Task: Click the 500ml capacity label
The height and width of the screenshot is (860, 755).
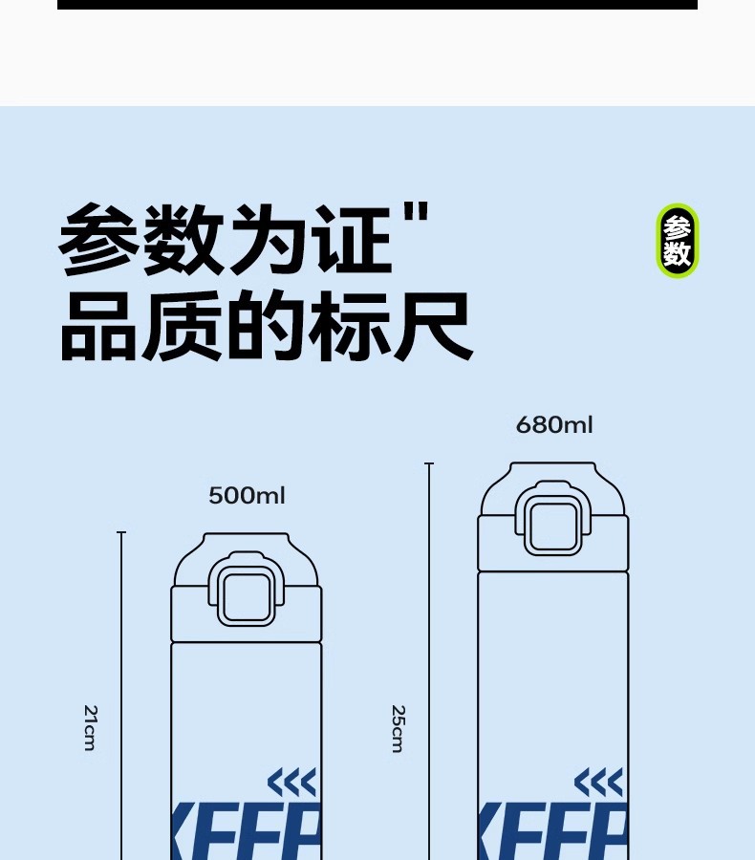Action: coord(247,495)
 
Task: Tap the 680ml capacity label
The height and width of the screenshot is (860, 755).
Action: coord(554,424)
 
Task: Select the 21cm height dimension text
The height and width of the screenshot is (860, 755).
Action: coord(90,728)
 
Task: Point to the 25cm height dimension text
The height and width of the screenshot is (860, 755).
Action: coord(398,728)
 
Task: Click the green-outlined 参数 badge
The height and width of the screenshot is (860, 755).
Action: coord(678,241)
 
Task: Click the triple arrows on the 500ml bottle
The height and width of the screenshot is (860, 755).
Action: coord(291,784)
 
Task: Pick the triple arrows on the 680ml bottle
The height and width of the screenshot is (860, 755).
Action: coord(598,784)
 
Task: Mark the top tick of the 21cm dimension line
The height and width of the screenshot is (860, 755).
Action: coord(121,533)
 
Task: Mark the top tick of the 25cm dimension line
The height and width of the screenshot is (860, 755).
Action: coord(429,464)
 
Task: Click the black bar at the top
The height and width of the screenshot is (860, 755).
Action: coord(377,5)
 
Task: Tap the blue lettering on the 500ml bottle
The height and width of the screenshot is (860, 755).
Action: coord(247,833)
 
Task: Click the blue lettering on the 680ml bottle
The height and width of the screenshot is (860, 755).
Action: coord(553,833)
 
